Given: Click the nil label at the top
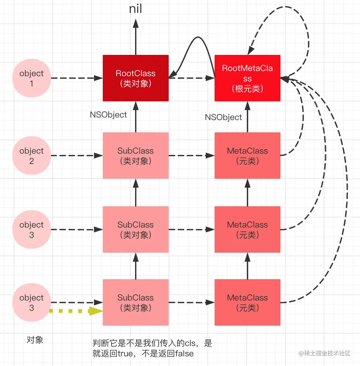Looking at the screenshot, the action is pyautogui.click(x=136, y=9).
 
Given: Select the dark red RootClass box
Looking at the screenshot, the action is pyautogui.click(x=136, y=78).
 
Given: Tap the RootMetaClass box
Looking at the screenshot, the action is pyautogui.click(x=247, y=78).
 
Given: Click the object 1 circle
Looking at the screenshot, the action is pyautogui.click(x=32, y=78).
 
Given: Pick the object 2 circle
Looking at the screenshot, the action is pyautogui.click(x=32, y=156).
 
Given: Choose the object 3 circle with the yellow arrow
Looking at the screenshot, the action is pyautogui.click(x=32, y=302).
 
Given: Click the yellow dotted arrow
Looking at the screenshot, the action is pyautogui.click(x=76, y=311).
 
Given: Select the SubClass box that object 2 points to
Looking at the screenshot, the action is pyautogui.click(x=136, y=156).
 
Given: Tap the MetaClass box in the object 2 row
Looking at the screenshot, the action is pyautogui.click(x=247, y=156).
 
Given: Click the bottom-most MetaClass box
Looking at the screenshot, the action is pyautogui.click(x=247, y=302).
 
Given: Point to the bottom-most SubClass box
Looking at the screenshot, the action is pyautogui.click(x=136, y=302).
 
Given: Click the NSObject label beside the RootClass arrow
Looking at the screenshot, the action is pyautogui.click(x=108, y=115).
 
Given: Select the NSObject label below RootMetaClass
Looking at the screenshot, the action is pyautogui.click(x=223, y=117).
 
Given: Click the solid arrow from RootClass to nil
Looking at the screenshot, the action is pyautogui.click(x=136, y=37).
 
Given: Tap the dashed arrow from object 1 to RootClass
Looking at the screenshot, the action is pyautogui.click(x=77, y=78).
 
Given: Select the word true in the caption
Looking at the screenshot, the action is pyautogui.click(x=125, y=353).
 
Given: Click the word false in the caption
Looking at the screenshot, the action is pyautogui.click(x=185, y=353).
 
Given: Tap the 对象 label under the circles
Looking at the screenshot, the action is pyautogui.click(x=35, y=340).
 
